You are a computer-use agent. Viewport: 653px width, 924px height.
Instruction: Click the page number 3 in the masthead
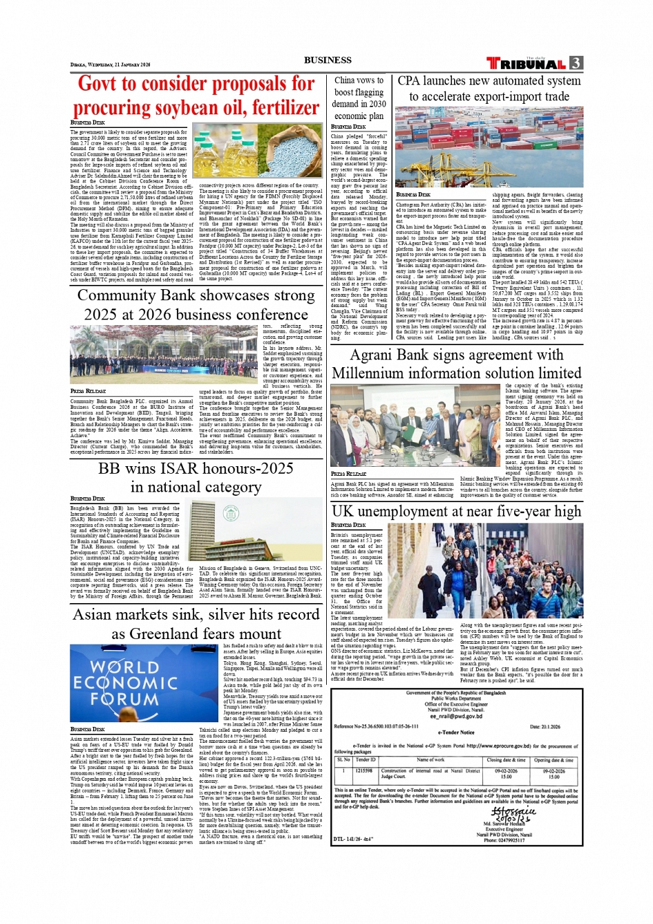576,63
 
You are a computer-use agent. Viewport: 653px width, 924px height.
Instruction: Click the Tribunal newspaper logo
527,64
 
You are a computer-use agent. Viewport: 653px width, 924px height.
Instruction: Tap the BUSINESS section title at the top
328,60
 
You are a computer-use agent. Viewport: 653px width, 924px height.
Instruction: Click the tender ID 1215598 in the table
363,770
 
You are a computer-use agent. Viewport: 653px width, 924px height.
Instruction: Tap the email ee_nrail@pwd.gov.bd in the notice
456,717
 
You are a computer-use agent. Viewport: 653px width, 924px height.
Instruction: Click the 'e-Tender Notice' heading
456,732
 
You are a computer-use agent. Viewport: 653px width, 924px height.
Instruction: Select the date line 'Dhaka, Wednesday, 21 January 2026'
111,64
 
